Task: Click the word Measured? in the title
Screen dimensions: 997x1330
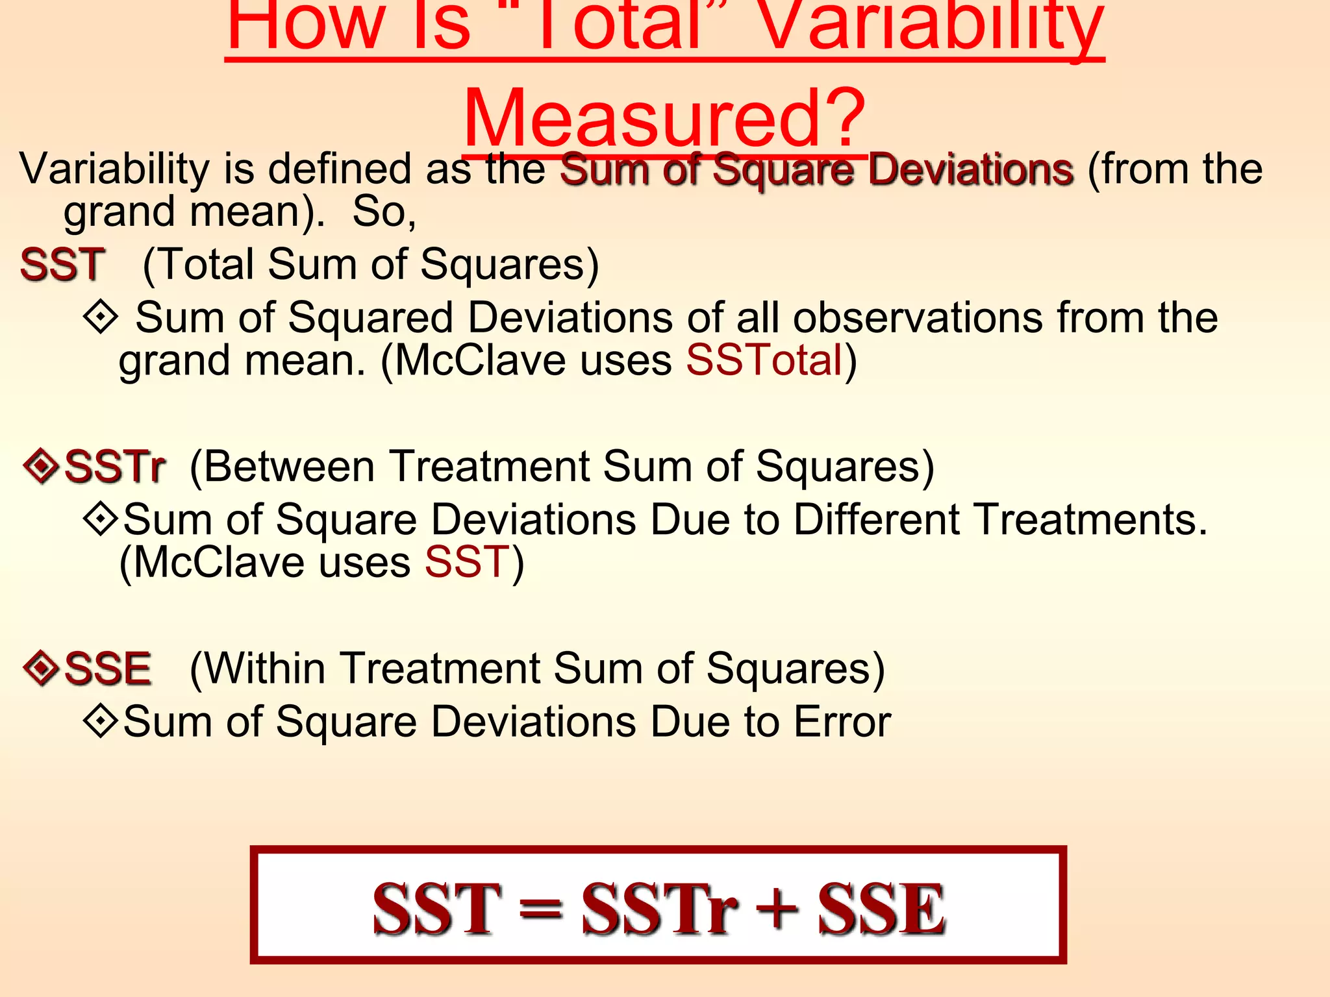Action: (664, 118)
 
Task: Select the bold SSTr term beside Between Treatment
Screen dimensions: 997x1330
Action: (115, 466)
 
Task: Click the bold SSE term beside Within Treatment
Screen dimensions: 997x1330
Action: (108, 668)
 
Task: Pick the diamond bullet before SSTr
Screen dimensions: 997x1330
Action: (41, 465)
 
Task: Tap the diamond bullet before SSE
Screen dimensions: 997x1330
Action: (41, 667)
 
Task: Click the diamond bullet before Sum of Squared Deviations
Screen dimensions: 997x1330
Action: (101, 317)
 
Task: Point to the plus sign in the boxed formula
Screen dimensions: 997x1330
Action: (777, 908)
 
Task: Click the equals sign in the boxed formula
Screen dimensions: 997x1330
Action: (540, 908)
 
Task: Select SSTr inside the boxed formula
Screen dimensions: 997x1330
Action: (659, 908)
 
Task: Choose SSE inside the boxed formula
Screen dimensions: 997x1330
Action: (881, 908)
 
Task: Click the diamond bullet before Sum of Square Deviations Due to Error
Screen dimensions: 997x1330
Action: (101, 721)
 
